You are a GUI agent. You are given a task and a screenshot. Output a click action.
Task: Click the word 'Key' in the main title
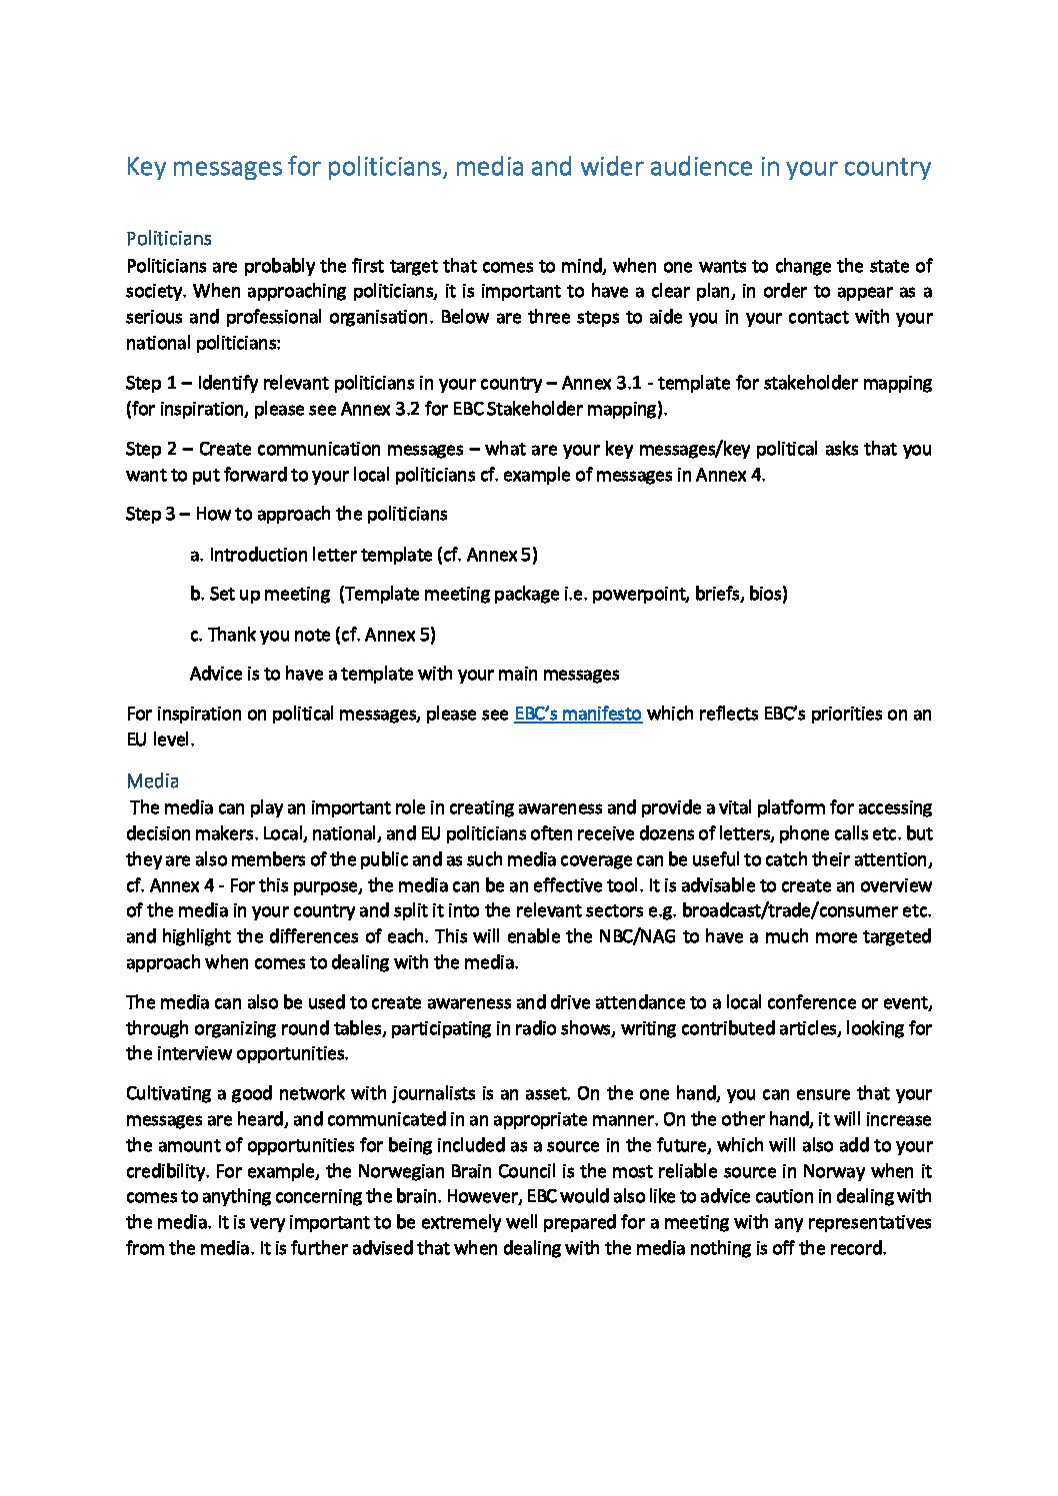tap(146, 167)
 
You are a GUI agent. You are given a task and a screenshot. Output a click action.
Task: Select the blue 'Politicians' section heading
tap(169, 239)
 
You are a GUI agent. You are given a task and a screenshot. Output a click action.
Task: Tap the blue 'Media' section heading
tap(152, 780)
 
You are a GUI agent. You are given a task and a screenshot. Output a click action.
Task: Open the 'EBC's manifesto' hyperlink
tap(577, 714)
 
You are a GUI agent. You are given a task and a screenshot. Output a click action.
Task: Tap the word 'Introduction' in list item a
tap(258, 555)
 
